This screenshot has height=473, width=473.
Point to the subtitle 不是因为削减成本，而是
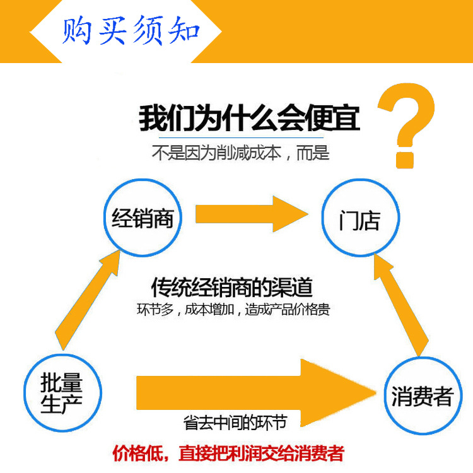click(x=240, y=153)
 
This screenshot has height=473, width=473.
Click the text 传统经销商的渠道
click(x=232, y=288)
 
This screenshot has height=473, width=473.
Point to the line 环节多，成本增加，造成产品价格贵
click(x=232, y=310)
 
